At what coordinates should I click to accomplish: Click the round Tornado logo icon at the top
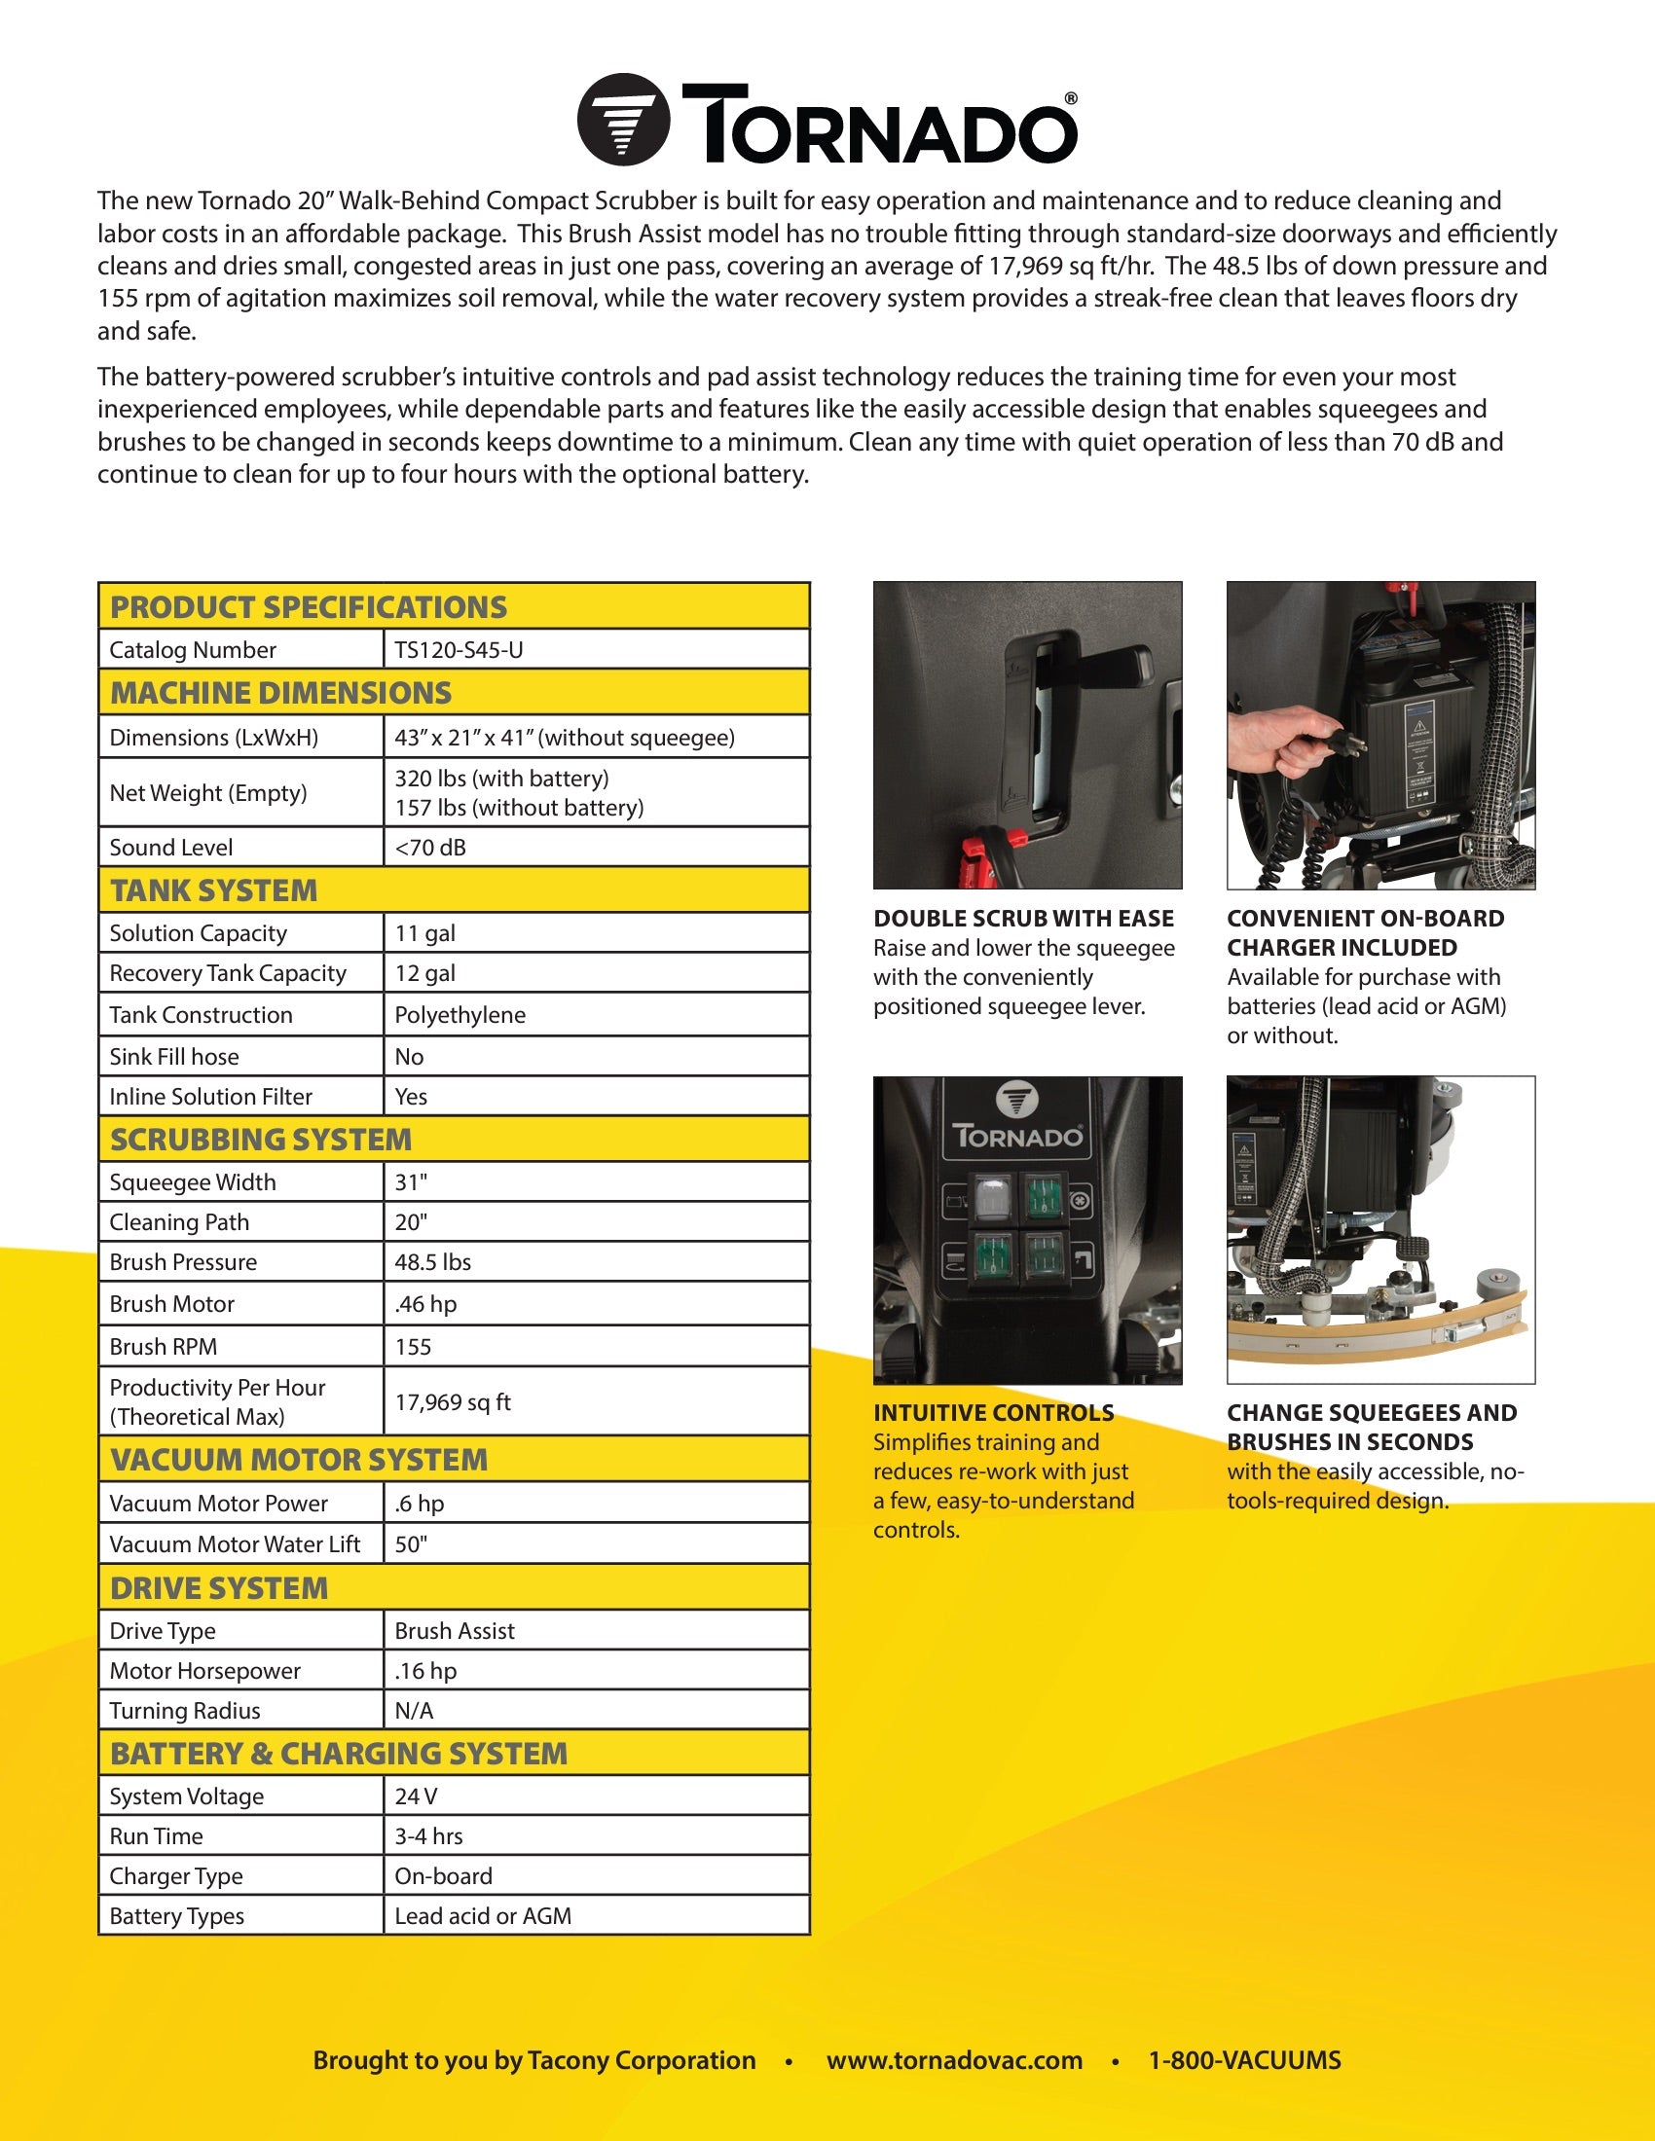624,120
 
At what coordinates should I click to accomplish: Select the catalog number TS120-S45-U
458,650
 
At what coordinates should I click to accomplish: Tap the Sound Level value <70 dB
430,848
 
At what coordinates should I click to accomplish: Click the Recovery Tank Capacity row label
228,973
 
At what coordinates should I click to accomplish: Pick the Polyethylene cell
460,1015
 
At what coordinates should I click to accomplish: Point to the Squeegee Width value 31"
411,1182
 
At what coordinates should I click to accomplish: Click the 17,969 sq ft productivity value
453,1401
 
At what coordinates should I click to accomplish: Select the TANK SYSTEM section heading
214,890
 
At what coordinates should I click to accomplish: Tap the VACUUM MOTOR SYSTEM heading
298,1460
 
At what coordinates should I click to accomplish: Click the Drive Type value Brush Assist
454,1631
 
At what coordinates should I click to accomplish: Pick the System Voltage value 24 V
416,1796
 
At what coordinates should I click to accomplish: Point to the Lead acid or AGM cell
482,1916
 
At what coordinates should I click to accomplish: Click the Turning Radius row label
184,1712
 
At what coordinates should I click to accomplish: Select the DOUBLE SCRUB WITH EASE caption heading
1023,919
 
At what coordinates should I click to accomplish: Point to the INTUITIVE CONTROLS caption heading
993,1413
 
